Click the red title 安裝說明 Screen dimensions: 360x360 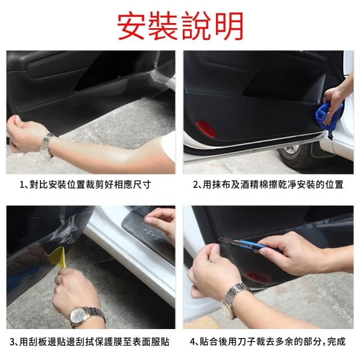click(x=180, y=25)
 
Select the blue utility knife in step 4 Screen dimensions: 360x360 click(x=244, y=244)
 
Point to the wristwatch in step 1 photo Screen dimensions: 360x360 click(x=47, y=145)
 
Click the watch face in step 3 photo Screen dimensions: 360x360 click(x=78, y=315)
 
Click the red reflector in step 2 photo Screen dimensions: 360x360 click(x=206, y=129)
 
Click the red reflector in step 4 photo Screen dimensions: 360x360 click(x=258, y=277)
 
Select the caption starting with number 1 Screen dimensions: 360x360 click(x=85, y=185)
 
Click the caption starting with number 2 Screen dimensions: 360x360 click(x=268, y=185)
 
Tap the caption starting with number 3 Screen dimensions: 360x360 click(x=89, y=342)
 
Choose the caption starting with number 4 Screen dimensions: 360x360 click(x=268, y=342)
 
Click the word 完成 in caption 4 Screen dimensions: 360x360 click(x=336, y=342)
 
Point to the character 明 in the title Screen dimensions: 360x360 click(x=229, y=26)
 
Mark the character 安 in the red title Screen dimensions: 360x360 click(x=132, y=26)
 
